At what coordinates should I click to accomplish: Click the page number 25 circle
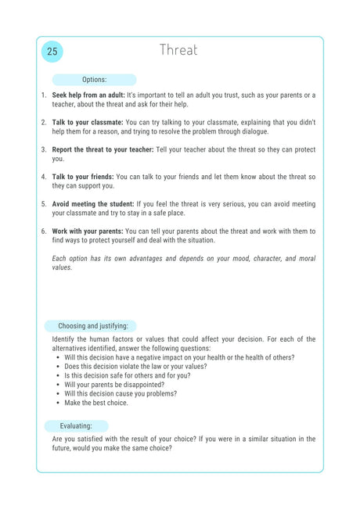[52, 52]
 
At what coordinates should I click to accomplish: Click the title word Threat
[179, 50]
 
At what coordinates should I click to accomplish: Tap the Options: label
[94, 80]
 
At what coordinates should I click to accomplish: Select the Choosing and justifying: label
[92, 326]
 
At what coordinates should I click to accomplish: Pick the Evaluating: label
[75, 426]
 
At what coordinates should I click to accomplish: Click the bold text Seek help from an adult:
[88, 95]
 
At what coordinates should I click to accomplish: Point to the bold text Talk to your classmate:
[88, 123]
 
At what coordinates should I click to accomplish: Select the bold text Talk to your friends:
[84, 177]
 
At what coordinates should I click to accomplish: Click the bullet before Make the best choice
[59, 403]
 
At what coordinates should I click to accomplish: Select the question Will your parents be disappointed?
[114, 385]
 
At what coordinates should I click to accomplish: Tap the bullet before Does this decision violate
[59, 366]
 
